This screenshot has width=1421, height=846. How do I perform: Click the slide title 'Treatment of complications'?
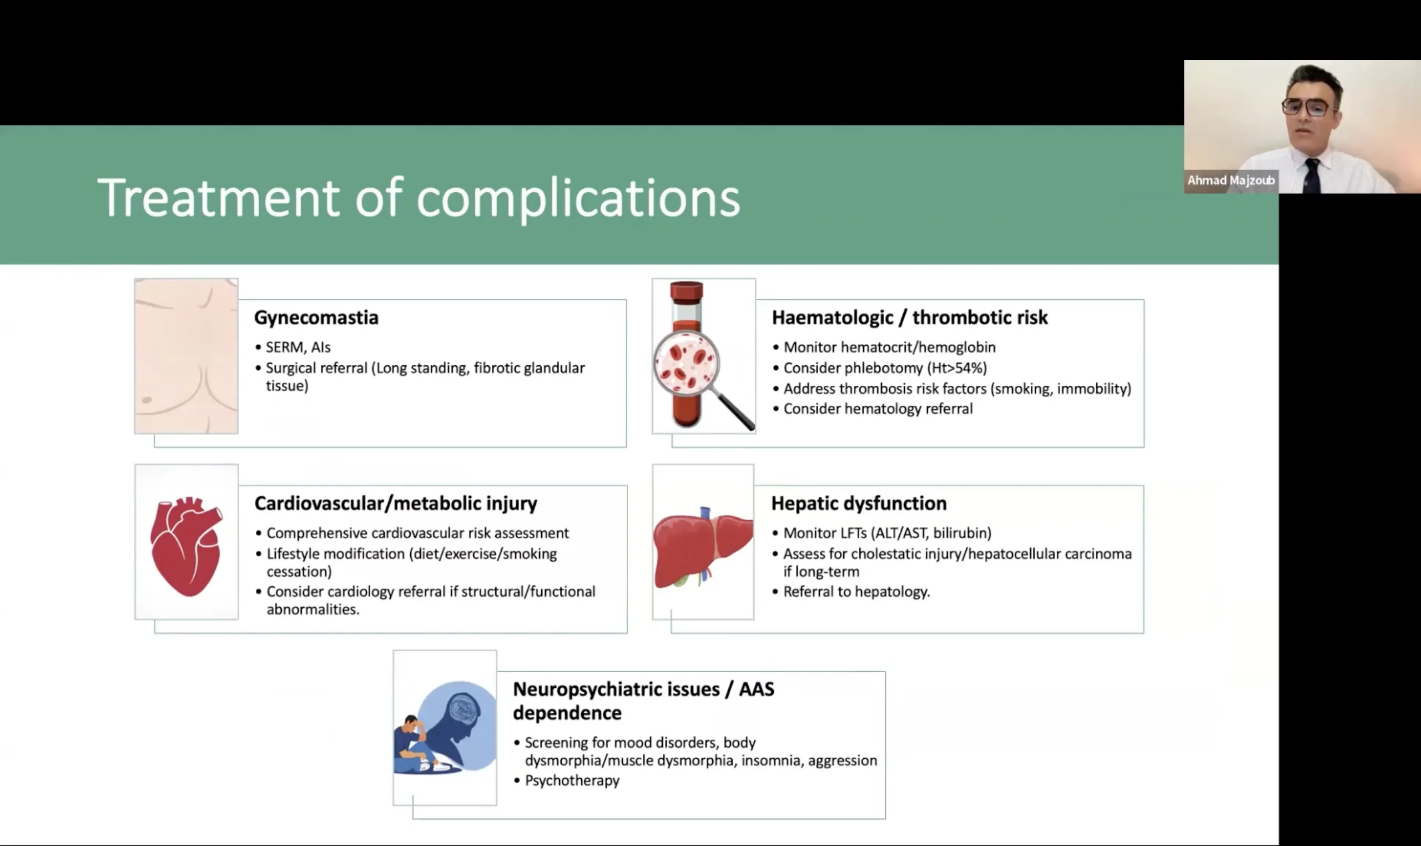[419, 197]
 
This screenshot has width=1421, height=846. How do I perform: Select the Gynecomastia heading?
[316, 318]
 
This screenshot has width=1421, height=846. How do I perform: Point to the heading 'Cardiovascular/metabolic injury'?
[396, 503]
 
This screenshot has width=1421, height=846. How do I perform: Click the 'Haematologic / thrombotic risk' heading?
[910, 318]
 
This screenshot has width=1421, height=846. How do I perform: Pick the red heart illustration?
[186, 546]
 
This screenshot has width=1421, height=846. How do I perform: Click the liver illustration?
[703, 547]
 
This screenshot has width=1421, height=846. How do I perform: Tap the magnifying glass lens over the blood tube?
[686, 363]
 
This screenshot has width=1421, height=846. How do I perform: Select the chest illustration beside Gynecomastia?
[187, 356]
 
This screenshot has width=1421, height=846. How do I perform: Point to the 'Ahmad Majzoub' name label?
[1231, 181]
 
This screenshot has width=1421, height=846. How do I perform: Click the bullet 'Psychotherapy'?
[572, 780]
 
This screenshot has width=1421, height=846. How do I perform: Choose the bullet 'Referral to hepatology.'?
[856, 592]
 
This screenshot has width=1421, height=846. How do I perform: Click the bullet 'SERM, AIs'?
[298, 347]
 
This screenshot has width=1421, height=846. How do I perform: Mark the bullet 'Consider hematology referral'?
[878, 409]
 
